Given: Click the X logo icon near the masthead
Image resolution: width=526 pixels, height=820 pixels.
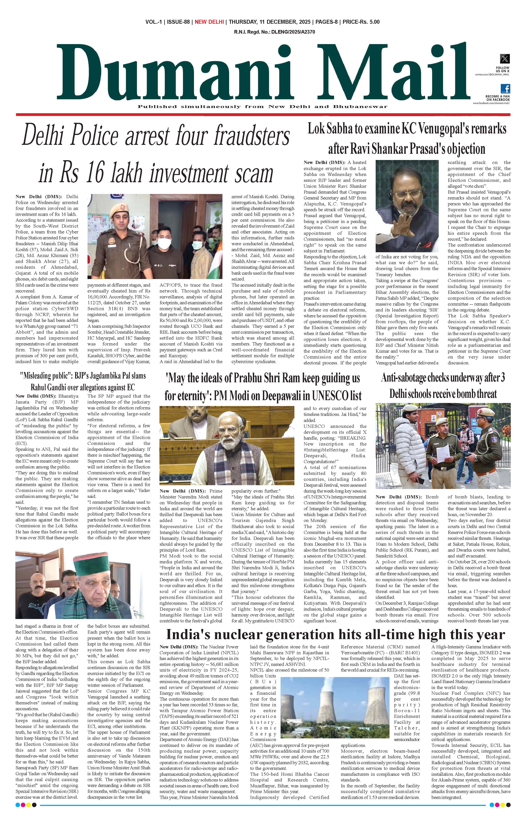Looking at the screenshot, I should pos(505,59).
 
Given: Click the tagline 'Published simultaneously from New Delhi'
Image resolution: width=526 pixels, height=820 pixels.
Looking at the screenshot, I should pos(262,106).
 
